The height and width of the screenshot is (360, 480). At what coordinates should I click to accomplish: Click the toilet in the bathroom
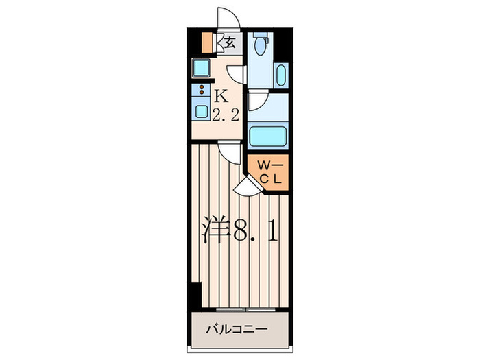click(259, 45)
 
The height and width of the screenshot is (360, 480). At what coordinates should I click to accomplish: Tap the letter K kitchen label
click(223, 96)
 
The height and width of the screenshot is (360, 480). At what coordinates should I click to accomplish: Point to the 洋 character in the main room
click(214, 228)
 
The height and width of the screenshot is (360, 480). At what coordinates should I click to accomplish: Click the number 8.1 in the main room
click(255, 229)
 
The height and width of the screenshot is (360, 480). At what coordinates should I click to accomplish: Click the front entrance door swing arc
click(226, 19)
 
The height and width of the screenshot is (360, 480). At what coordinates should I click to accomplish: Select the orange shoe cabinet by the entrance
click(207, 43)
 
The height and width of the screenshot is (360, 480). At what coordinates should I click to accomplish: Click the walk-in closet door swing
click(245, 183)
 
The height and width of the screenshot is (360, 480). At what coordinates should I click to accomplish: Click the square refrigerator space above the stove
click(202, 68)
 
